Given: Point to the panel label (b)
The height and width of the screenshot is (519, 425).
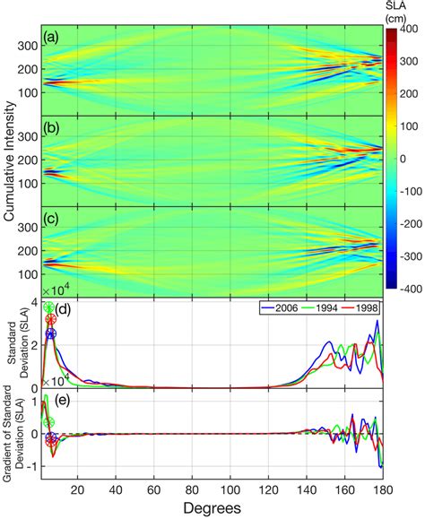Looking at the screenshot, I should coord(53,129).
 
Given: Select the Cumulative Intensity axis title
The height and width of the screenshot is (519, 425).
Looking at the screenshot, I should coord(10,165).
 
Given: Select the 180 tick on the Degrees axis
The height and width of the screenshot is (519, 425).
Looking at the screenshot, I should coord(383,489).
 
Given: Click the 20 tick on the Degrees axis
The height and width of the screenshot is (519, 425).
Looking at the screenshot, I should coord(78,489).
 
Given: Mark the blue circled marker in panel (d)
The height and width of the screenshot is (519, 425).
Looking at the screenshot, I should coord(50,334).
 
